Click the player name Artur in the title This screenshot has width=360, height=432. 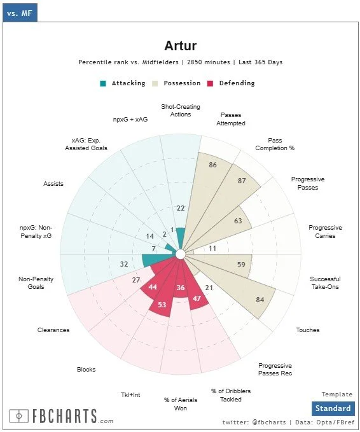tap(181, 46)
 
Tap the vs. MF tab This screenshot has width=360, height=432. tap(20, 13)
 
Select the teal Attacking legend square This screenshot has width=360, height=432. tap(103, 83)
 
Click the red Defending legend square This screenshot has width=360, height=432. tap(210, 83)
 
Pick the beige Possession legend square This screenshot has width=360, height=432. tap(155, 83)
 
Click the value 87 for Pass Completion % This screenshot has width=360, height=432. tap(242, 181)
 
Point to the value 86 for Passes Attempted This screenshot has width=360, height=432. tap(212, 165)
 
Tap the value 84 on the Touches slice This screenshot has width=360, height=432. tap(260, 300)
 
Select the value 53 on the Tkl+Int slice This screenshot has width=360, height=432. tap(162, 305)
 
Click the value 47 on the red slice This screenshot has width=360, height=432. tap(197, 298)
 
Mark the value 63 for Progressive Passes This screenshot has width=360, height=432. tap(238, 221)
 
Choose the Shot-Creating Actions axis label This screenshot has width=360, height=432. tap(181, 111)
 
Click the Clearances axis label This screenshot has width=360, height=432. tap(53, 330)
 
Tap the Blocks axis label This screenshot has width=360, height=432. tap(86, 370)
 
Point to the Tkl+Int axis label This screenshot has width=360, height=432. tap(130, 395)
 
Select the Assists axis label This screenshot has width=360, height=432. tap(53, 184)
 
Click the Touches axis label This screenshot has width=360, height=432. tap(308, 330)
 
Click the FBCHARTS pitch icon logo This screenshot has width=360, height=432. tap(18, 416)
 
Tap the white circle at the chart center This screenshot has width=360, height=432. tap(181, 254)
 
